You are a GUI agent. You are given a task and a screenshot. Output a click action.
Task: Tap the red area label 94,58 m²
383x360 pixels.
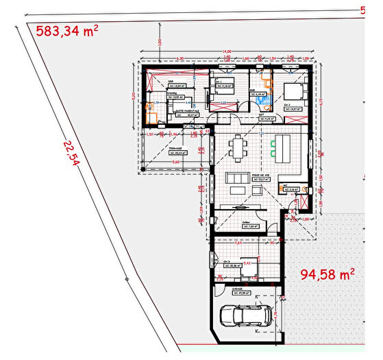pos(328,275)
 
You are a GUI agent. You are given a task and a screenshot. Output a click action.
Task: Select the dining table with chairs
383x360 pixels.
pos(238,146)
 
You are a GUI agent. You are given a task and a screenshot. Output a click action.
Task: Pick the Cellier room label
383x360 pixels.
pos(245,222)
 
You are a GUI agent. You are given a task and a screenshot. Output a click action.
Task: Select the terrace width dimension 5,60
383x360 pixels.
pos(176,162)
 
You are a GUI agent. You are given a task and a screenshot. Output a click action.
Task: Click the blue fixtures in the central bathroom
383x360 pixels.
pos(260,101)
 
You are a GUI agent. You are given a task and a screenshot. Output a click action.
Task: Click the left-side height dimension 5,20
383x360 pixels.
pos(134,96)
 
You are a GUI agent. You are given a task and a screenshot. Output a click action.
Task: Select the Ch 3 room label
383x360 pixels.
pos(226,261)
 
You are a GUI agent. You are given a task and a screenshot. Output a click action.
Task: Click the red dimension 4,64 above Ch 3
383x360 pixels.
pos(238,243)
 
